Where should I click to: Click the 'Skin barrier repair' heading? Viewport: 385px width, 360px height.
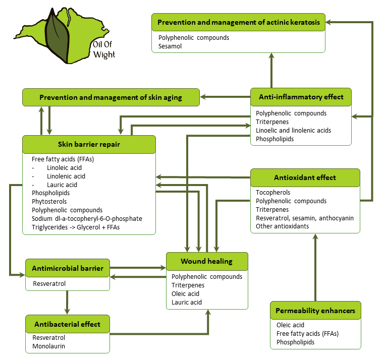tap(89, 145)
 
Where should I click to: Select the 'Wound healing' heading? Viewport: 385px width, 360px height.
tap(206, 261)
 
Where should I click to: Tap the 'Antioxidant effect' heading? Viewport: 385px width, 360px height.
tap(305, 177)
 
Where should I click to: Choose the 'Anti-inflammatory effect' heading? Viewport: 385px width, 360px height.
tap(301, 97)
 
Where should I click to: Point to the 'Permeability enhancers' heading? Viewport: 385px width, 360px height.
tap(315, 310)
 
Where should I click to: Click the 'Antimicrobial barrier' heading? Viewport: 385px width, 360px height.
tap(68, 268)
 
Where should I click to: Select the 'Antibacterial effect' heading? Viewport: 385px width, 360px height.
tap(67, 324)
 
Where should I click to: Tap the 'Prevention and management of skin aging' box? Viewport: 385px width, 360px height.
tap(111, 97)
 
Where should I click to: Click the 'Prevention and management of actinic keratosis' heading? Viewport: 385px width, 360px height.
tap(239, 23)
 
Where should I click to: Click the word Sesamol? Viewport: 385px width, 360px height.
tap(170, 46)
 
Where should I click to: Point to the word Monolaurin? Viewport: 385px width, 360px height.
tap(48, 346)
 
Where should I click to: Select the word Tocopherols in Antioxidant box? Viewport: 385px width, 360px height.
tap(273, 193)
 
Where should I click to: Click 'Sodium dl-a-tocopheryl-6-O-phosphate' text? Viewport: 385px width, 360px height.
tap(87, 219)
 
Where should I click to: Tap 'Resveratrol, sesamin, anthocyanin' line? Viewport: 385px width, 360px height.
tap(304, 218)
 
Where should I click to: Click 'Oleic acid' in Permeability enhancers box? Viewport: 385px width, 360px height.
tap(290, 325)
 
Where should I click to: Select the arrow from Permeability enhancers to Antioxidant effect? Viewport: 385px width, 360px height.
tap(316, 267)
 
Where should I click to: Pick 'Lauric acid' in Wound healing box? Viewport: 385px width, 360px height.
tap(187, 303)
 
